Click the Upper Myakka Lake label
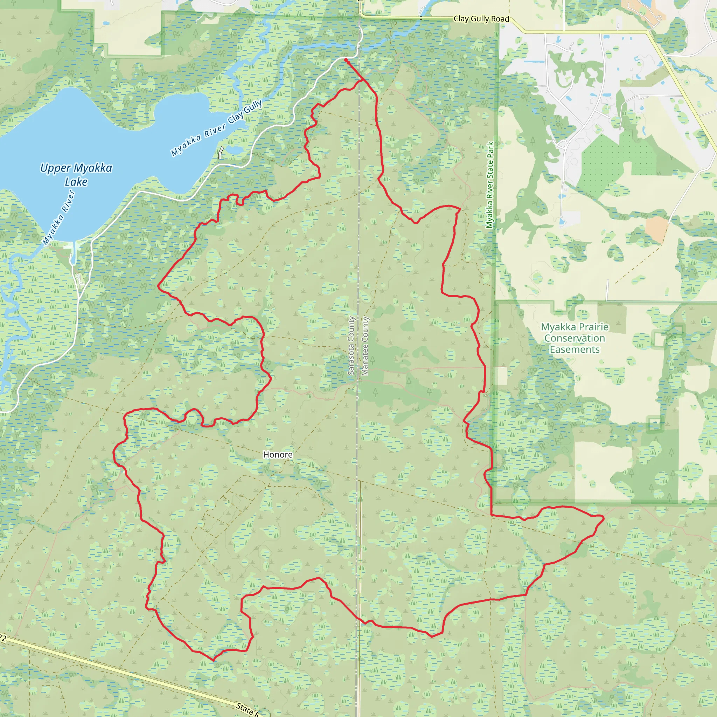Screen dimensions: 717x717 tap(76, 175)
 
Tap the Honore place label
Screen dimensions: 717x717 tap(278, 455)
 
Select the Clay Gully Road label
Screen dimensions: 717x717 tap(481, 19)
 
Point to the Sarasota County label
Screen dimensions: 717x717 tap(351, 346)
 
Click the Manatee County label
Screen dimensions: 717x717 tap(365, 346)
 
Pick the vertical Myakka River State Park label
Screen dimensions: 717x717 tap(490, 185)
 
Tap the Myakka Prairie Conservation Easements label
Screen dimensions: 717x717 tap(575, 338)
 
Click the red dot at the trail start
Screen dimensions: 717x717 tap(346, 60)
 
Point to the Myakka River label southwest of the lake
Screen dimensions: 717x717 tap(58, 217)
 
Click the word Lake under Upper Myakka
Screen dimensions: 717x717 tap(76, 182)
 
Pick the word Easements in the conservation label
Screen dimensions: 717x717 tap(575, 350)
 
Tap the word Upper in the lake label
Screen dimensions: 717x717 tap(55, 168)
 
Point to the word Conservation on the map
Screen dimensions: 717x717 tap(575, 339)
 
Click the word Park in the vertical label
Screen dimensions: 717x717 tap(490, 150)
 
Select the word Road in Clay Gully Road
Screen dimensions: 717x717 tap(500, 19)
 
